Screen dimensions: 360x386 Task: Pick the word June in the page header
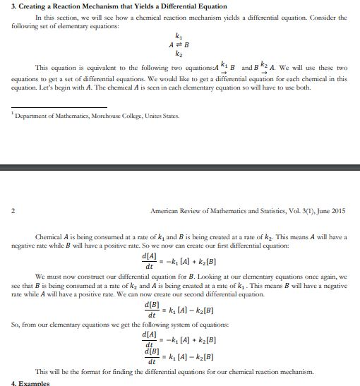coord(318,211)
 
